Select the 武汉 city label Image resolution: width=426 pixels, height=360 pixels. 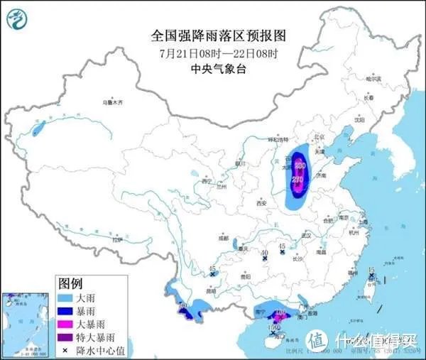tap(307, 234)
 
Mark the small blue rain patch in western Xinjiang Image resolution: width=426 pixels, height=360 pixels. tap(38, 129)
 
